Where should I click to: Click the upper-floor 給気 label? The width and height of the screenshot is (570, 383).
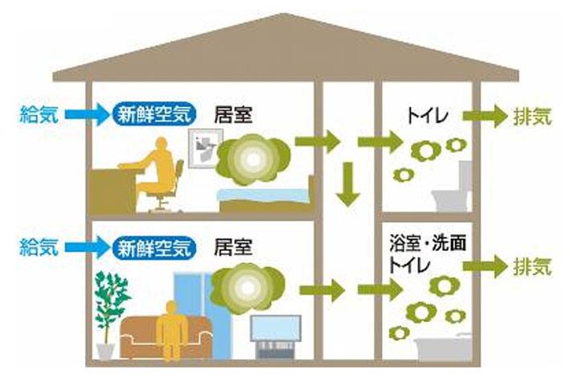coord(39,114)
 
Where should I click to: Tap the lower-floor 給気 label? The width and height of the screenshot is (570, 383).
coord(39,247)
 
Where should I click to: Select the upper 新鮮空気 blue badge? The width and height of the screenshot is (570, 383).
coord(154,114)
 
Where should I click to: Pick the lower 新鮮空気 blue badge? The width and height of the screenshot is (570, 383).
coord(154,248)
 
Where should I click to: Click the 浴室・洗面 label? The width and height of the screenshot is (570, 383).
coord(428,243)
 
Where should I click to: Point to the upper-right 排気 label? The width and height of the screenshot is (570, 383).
coord(532,117)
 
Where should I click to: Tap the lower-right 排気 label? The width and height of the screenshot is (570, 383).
coord(532,266)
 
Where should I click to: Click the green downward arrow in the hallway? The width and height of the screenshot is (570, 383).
coord(348,183)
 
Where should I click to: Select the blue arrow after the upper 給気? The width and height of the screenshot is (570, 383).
coord(88,115)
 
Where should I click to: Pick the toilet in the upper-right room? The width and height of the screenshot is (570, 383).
coord(453,189)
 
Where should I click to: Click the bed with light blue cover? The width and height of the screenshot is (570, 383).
coord(267,198)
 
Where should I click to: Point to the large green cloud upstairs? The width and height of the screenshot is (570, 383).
coord(253,159)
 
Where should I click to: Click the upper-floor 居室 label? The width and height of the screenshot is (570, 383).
coord(233,114)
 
